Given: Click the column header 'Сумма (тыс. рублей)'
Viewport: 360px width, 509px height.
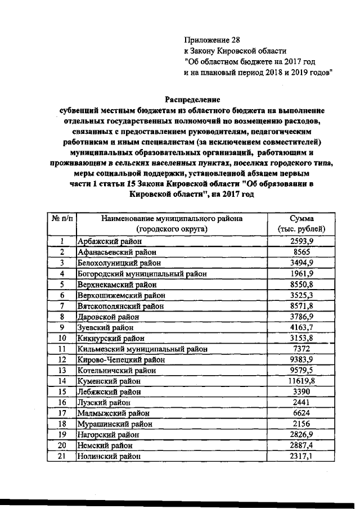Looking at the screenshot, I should click(301, 224).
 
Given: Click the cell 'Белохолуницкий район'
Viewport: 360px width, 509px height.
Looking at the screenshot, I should click(114, 263).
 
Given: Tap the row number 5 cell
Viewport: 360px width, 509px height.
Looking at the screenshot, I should click(61, 284).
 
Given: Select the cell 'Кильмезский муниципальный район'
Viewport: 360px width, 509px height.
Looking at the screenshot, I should click(138, 349).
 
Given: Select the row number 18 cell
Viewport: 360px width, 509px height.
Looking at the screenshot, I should click(61, 424).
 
